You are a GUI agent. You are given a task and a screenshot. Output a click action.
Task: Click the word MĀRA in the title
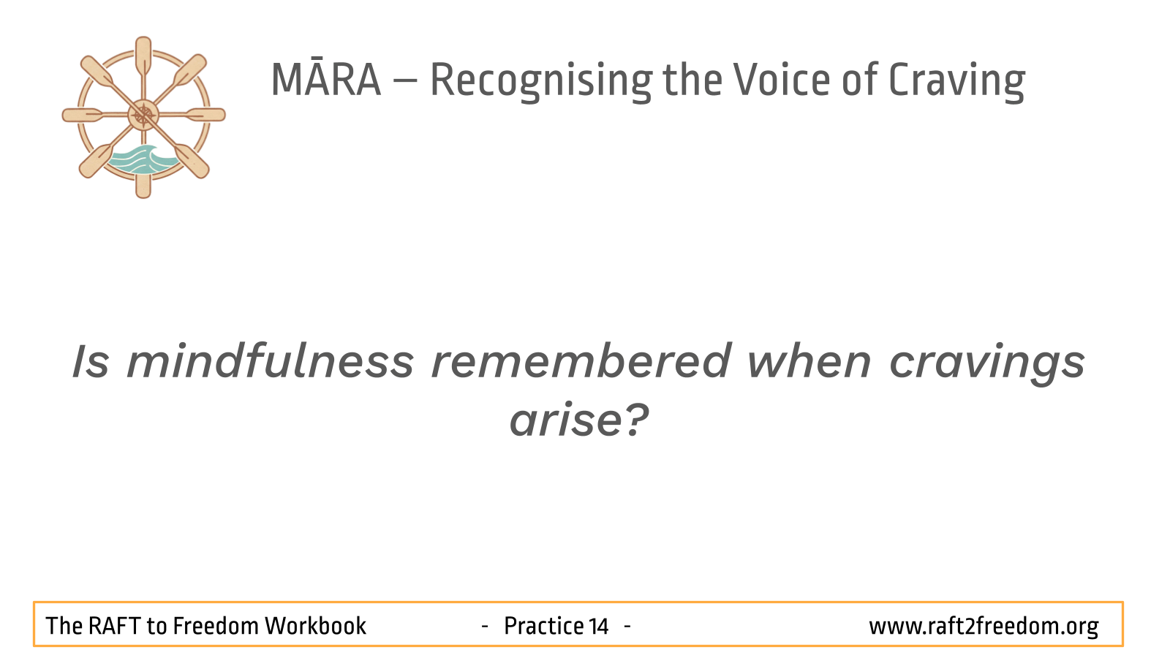(x=326, y=80)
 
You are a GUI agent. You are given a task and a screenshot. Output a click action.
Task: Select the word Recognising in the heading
(x=541, y=81)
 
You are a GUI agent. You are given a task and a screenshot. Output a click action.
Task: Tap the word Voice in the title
(x=782, y=80)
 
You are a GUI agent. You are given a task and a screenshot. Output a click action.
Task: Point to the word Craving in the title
(x=957, y=81)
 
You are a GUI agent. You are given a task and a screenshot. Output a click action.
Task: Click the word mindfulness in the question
(x=271, y=360)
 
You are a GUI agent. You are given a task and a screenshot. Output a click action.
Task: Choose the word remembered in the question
(x=581, y=360)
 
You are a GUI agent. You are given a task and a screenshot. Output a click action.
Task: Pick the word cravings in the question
(x=987, y=364)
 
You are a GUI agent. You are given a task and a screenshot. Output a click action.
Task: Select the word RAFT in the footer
(x=115, y=626)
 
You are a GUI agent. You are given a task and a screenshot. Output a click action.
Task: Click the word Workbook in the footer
(x=315, y=626)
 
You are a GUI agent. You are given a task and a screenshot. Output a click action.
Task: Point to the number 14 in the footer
(x=599, y=626)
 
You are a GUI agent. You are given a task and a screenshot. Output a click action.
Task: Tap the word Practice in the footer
(x=543, y=626)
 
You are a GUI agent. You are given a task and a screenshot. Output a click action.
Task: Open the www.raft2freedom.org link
(x=984, y=627)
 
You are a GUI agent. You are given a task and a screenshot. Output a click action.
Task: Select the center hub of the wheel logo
(x=143, y=115)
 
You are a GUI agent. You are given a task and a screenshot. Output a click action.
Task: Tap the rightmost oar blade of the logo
(x=206, y=115)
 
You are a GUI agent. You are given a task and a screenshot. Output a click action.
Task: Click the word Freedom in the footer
(x=216, y=626)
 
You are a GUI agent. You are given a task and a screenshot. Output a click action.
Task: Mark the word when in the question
(x=809, y=361)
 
